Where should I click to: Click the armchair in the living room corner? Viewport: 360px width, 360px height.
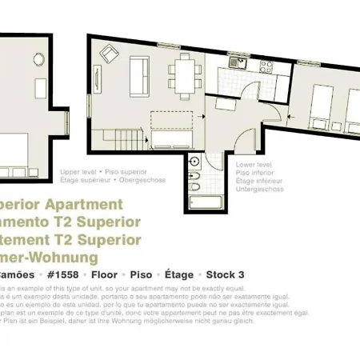point(108,54)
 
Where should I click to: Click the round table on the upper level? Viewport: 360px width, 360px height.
point(35,59)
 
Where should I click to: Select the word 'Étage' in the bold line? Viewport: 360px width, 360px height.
point(178,274)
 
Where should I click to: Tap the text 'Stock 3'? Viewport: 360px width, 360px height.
point(226,274)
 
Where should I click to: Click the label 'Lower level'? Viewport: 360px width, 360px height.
point(254,164)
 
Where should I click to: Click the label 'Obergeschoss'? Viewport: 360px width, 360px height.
point(144,180)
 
